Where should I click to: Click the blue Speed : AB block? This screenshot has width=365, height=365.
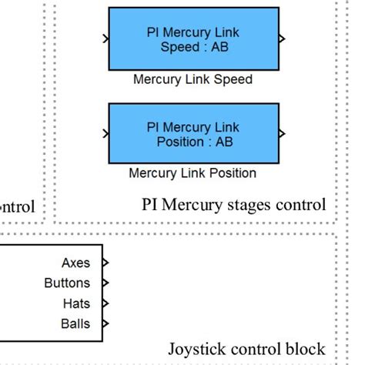193,39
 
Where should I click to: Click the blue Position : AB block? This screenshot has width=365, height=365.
193,133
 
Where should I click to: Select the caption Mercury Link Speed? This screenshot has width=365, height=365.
193,79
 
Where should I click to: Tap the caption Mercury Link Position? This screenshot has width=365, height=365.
193,173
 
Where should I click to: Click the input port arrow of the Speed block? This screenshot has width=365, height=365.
105,37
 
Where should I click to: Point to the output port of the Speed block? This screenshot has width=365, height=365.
283,37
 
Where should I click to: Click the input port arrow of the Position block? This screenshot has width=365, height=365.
105,132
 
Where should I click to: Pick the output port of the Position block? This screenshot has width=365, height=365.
283,132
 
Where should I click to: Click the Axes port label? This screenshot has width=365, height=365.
75,263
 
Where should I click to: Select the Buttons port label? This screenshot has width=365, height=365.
67,283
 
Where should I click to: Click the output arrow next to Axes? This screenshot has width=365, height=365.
105,263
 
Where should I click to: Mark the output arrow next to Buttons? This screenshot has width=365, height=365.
105,283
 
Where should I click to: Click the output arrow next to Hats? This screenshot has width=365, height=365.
105,303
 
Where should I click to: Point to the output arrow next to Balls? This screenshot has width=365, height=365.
105,323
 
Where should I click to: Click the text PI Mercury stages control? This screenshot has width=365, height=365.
234,205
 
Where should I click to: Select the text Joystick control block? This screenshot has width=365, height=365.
246,349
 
